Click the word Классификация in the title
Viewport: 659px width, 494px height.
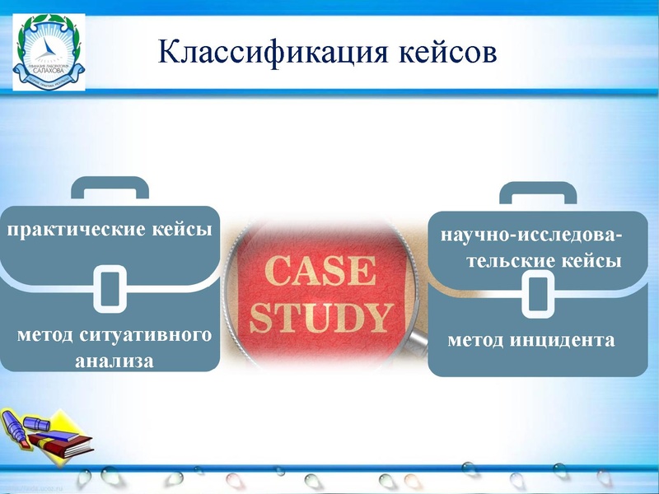pos(263,51)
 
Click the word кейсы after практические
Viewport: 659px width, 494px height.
pos(182,228)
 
